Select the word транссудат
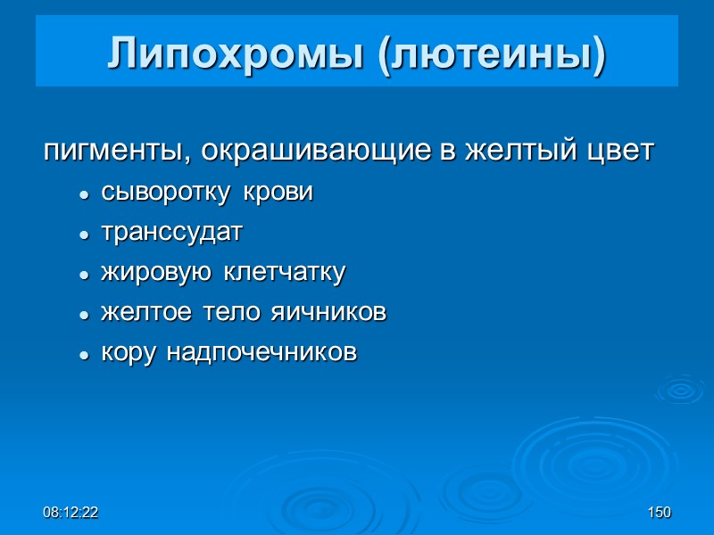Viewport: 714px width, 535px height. [x=171, y=233]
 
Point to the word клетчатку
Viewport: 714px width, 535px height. [x=284, y=273]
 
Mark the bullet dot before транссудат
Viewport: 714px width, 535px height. [x=84, y=235]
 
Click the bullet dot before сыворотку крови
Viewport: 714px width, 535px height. [x=84, y=194]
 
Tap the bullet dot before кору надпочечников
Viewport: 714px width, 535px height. [x=84, y=355]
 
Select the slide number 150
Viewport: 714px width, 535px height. [x=660, y=513]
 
